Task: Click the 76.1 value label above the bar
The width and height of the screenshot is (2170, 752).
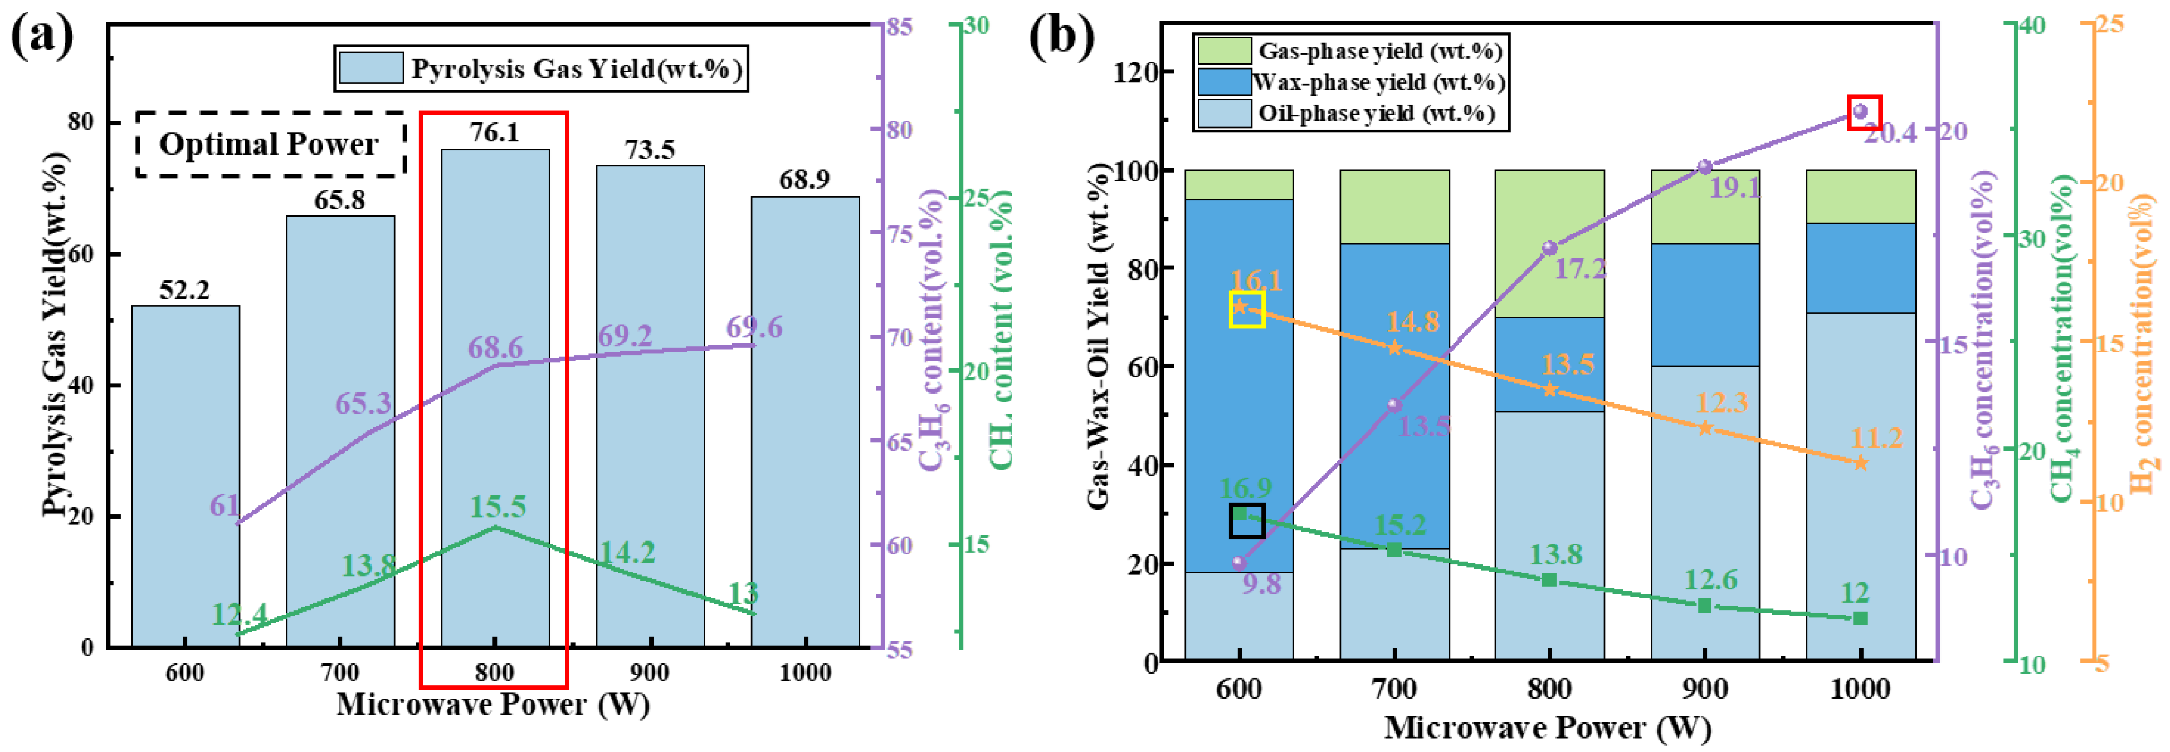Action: click(495, 132)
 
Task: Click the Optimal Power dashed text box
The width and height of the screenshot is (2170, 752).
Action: click(270, 144)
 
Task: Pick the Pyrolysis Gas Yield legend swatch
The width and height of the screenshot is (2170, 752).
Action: click(370, 68)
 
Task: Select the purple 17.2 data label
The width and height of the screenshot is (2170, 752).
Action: click(1581, 269)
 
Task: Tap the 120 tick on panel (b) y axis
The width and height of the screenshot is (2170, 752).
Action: click(1135, 72)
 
